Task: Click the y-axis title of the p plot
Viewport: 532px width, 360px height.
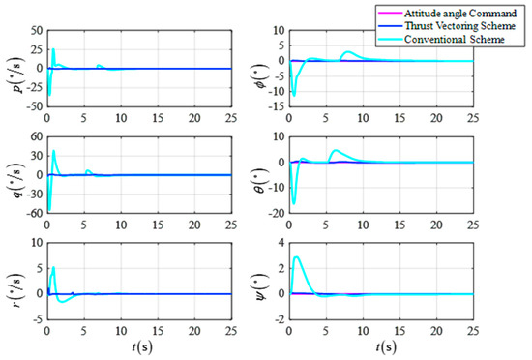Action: click(12, 68)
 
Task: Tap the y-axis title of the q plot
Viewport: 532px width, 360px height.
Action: click(12, 174)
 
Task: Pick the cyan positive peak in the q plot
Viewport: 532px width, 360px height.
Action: click(54, 151)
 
